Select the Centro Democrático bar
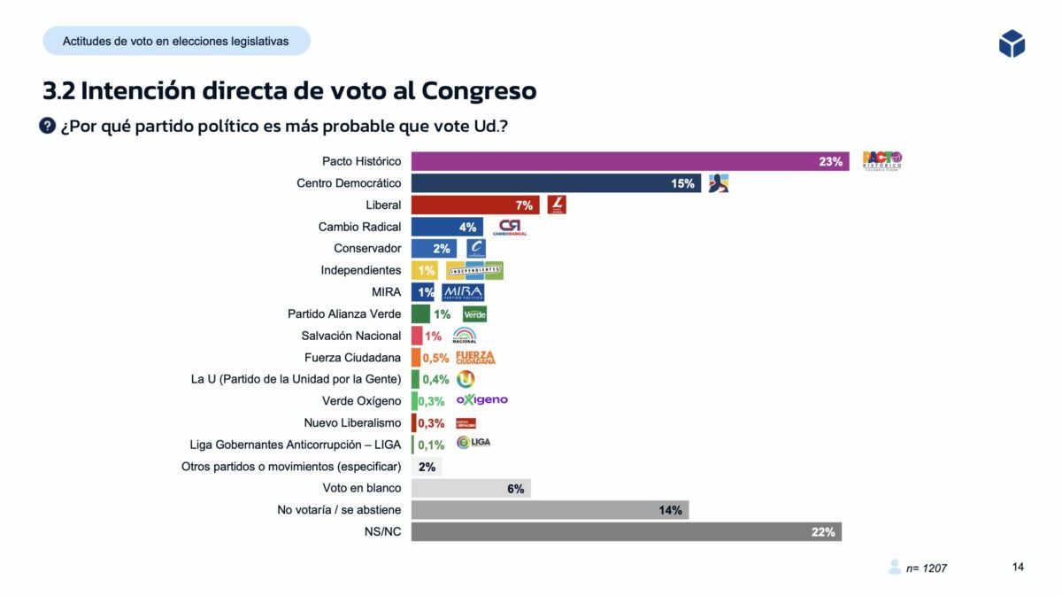[x=556, y=183]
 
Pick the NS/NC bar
[x=626, y=531]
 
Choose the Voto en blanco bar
[x=471, y=488]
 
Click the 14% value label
[x=670, y=510]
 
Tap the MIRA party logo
[x=463, y=292]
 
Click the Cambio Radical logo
[x=512, y=228]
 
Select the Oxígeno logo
[x=482, y=400]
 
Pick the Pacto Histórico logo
[x=882, y=161]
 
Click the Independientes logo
[x=474, y=270]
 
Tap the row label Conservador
[x=367, y=249]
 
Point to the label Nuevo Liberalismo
[x=352, y=422]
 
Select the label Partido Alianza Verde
[x=344, y=313]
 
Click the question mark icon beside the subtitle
[x=48, y=126]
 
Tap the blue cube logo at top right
[x=1012, y=43]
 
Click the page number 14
[x=1018, y=567]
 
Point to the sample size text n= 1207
[x=926, y=568]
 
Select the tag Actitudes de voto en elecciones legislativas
[x=175, y=42]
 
